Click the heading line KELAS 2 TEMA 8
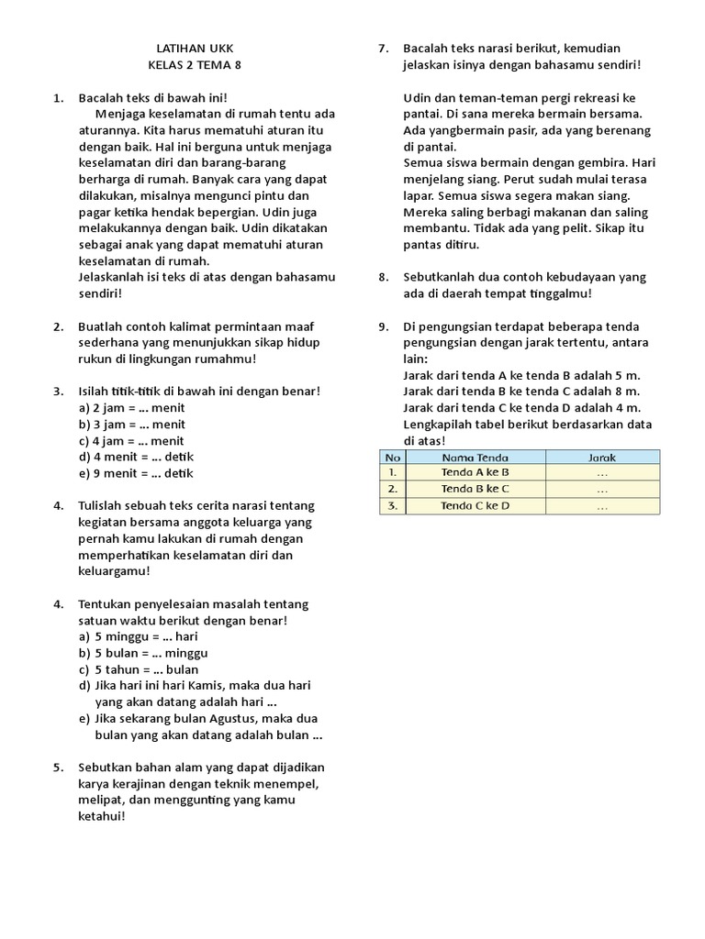tap(197, 64)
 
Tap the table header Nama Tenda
tap(475, 457)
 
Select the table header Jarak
tap(602, 457)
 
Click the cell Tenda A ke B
tap(475, 472)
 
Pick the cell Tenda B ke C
tap(475, 489)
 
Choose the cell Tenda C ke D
tap(475, 505)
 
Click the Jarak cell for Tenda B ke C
tap(602, 489)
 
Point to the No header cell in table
tap(393, 457)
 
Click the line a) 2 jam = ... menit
tap(132, 408)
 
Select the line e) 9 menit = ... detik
tap(136, 473)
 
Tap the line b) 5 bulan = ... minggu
tap(143, 653)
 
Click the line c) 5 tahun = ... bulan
tap(139, 669)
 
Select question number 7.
tap(384, 48)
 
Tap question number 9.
tap(384, 326)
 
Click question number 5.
tap(58, 768)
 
